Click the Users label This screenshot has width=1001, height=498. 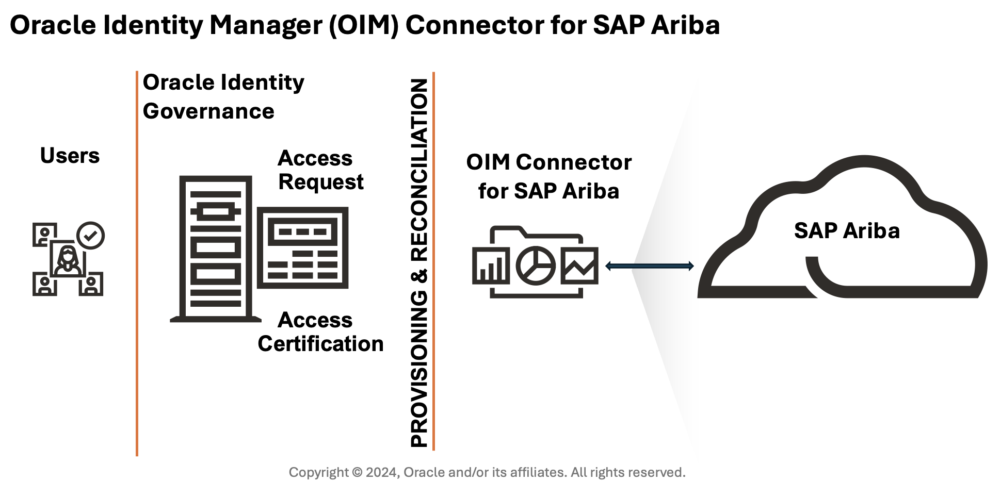70,156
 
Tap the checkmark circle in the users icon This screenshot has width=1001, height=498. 91,236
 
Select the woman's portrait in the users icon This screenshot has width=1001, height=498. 68,259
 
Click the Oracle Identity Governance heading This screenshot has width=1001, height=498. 223,96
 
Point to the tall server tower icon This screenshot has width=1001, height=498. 216,249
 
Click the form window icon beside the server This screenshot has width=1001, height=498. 303,247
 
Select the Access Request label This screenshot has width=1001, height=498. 320,170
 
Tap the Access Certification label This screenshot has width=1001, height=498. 320,332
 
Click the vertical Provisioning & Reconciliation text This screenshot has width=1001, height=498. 419,263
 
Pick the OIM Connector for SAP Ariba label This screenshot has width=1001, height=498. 548,176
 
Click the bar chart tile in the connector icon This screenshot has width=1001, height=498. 491,265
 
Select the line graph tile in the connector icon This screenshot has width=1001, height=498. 579,265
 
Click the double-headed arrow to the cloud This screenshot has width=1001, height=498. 649,266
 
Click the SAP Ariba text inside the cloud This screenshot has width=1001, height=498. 846,230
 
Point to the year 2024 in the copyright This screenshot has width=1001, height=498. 381,472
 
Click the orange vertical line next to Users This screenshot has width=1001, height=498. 137,263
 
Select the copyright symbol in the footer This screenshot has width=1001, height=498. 357,472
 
